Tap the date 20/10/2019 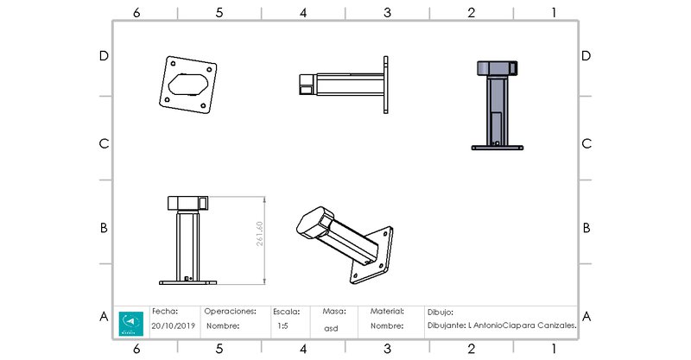pyautogui.click(x=174, y=326)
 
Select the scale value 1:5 pyautogui.click(x=282, y=326)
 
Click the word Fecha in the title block pyautogui.click(x=165, y=310)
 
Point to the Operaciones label pyautogui.click(x=231, y=310)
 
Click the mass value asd pyautogui.click(x=331, y=327)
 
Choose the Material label pyautogui.click(x=388, y=310)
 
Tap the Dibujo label pyautogui.click(x=441, y=312)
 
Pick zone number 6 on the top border pyautogui.click(x=136, y=13)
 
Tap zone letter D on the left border pyautogui.click(x=104, y=55)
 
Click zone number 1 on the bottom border pyautogui.click(x=554, y=349)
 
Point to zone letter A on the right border pyautogui.click(x=586, y=316)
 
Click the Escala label pyautogui.click(x=288, y=310)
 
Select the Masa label pyautogui.click(x=334, y=310)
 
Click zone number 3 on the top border pyautogui.click(x=387, y=13)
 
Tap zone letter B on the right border pyautogui.click(x=586, y=228)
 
